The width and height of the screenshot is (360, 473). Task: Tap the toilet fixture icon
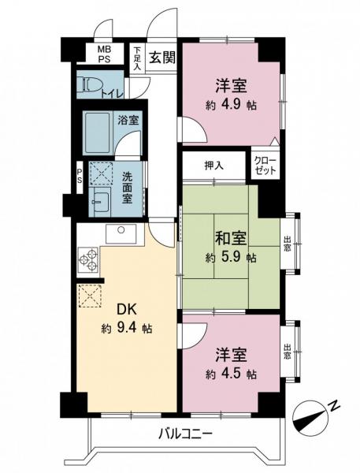point(91,84)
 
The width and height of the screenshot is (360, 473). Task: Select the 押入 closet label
point(213,166)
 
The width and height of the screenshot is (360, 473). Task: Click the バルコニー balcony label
point(185,432)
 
